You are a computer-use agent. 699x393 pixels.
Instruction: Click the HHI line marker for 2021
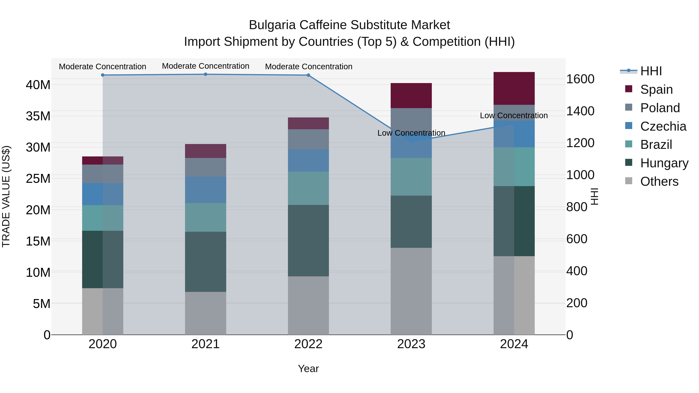(205, 74)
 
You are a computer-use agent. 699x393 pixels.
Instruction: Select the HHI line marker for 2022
(308, 75)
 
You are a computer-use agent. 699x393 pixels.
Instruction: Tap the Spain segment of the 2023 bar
(411, 95)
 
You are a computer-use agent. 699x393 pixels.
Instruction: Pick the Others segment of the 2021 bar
(205, 313)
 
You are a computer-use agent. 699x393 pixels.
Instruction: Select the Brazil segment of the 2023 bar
(411, 177)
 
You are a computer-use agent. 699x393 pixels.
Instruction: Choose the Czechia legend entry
(663, 126)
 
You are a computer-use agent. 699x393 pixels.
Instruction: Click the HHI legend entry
(651, 71)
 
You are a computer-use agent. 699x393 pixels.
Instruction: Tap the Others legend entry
(659, 181)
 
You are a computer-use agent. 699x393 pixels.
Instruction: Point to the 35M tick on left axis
(38, 116)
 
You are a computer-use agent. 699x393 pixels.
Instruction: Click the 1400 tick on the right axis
(580, 111)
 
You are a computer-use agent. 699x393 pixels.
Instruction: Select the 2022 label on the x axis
(308, 344)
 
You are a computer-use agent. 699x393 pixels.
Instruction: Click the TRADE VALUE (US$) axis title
(6, 196)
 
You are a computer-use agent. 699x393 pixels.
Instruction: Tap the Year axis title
(308, 369)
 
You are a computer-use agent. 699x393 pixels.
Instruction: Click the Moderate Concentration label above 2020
(102, 66)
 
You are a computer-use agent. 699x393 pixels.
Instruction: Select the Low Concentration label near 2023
(411, 133)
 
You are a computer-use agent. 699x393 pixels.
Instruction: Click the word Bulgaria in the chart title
(272, 25)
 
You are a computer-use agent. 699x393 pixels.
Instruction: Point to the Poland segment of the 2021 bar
(205, 167)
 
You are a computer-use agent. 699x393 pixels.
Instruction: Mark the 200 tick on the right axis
(577, 303)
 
